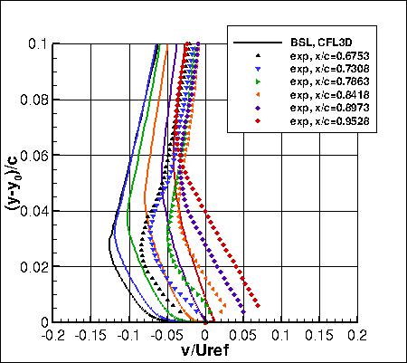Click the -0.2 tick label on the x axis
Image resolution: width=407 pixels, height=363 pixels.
53,335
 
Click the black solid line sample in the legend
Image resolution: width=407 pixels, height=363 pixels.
254,43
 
